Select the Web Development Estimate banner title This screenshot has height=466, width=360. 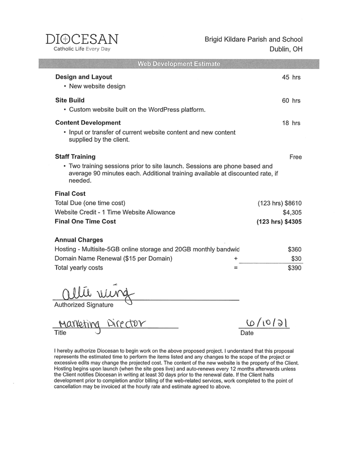179,64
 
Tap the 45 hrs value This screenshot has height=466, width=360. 291,77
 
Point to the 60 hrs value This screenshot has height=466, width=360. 291,101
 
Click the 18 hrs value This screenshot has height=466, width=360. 291,123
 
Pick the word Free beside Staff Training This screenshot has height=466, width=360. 295,157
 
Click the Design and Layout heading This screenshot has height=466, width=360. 83,77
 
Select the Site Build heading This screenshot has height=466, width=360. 70,100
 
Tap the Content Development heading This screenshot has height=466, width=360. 88,123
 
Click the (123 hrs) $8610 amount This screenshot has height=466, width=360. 279,203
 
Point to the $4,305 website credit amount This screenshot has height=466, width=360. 292,212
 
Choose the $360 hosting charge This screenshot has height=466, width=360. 294,250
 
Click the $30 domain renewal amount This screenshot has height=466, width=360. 296,259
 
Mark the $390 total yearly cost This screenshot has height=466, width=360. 294,268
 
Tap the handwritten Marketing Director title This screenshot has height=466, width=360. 99,323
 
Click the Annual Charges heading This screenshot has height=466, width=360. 79,240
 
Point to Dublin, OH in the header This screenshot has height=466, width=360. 286,49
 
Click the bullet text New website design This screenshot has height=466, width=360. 97,86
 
